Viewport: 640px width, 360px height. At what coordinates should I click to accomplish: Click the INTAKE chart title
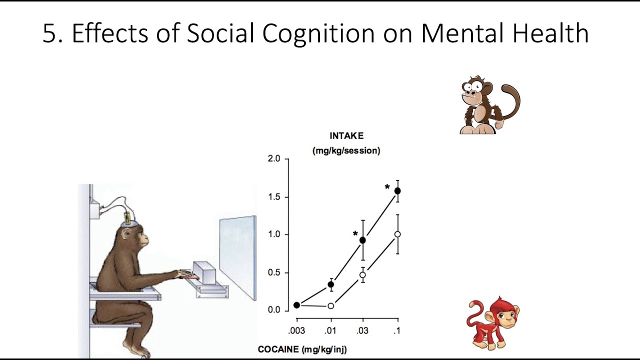coord(346,136)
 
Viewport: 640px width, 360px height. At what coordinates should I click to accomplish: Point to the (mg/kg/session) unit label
coord(346,150)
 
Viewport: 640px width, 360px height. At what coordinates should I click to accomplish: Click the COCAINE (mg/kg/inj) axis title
coord(302,349)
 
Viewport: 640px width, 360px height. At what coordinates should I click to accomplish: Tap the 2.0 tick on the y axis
coord(274,159)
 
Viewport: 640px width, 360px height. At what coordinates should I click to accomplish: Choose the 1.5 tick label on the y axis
coord(274,197)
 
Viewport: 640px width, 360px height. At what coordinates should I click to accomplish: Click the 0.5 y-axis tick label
coord(274,273)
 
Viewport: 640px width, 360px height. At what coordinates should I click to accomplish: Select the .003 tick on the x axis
coord(296,330)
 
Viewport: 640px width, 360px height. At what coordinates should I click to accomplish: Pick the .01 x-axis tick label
coord(330,330)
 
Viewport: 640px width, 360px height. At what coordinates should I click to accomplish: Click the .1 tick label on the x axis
coord(397,330)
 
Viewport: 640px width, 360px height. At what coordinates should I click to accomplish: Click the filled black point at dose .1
coord(398,191)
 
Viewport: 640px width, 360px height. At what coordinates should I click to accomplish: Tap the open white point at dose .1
coord(397,234)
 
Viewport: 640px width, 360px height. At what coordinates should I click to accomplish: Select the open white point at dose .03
coord(363,275)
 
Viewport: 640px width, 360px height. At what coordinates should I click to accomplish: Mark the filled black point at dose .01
coord(330,284)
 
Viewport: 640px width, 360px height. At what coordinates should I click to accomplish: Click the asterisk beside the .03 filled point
coord(355,234)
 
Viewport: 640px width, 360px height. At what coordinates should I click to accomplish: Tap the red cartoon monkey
coord(492,322)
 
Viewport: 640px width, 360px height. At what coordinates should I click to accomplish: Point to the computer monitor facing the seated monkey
coord(238,257)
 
